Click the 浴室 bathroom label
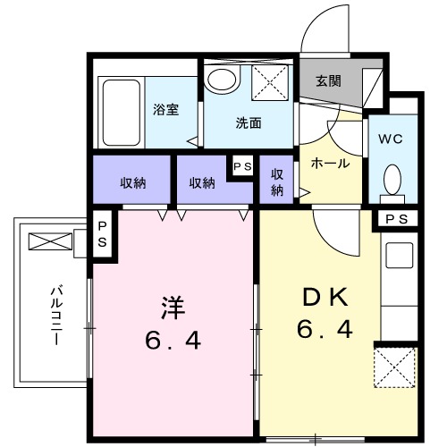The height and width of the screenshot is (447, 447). pos(165,111)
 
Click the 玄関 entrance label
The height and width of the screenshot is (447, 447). pos(327,81)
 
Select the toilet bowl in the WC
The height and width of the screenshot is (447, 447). pos(392,180)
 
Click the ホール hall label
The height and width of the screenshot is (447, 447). pos(329,164)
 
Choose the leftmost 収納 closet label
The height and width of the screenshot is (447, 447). pos(133,182)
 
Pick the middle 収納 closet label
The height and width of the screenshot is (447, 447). pos(202,182)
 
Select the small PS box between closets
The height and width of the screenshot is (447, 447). pos(242,166)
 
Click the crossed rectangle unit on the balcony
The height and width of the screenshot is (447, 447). pos(49,240)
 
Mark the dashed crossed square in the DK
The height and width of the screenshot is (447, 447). pos(395,367)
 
